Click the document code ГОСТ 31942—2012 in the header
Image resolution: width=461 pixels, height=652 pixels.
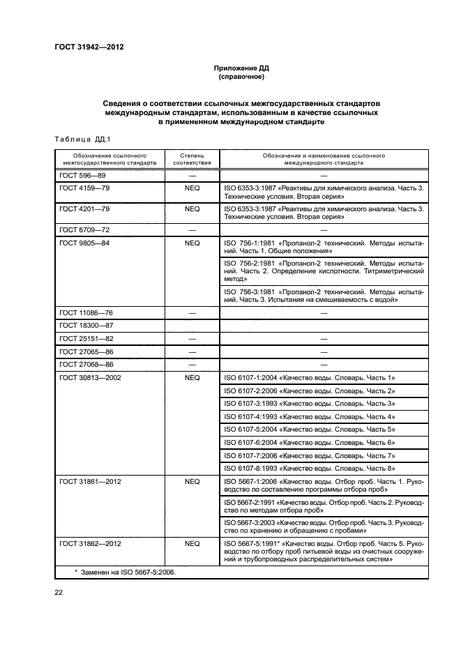click(93, 47)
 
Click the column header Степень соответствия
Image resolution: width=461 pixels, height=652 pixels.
click(192, 160)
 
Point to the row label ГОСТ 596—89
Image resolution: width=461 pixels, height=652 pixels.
click(82, 176)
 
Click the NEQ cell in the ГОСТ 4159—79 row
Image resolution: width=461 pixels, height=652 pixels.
click(192, 189)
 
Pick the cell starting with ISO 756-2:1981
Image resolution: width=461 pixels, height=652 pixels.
click(324, 271)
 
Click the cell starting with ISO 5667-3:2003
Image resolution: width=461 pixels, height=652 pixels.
click(324, 526)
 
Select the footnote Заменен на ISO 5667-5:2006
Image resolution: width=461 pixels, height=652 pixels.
click(126, 571)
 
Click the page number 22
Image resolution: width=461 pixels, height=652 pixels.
click(59, 593)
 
